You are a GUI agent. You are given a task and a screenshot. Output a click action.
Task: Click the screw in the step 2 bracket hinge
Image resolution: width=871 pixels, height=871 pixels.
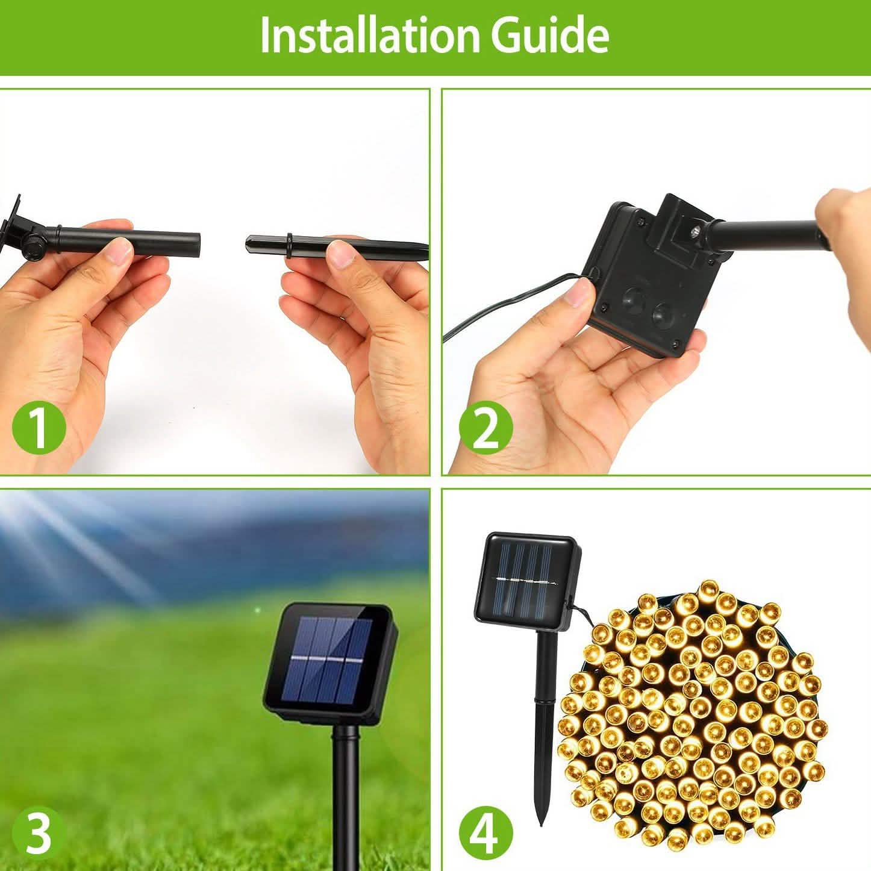[x=696, y=231]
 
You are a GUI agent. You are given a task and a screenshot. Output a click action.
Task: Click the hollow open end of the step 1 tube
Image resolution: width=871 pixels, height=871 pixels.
[x=198, y=244]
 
